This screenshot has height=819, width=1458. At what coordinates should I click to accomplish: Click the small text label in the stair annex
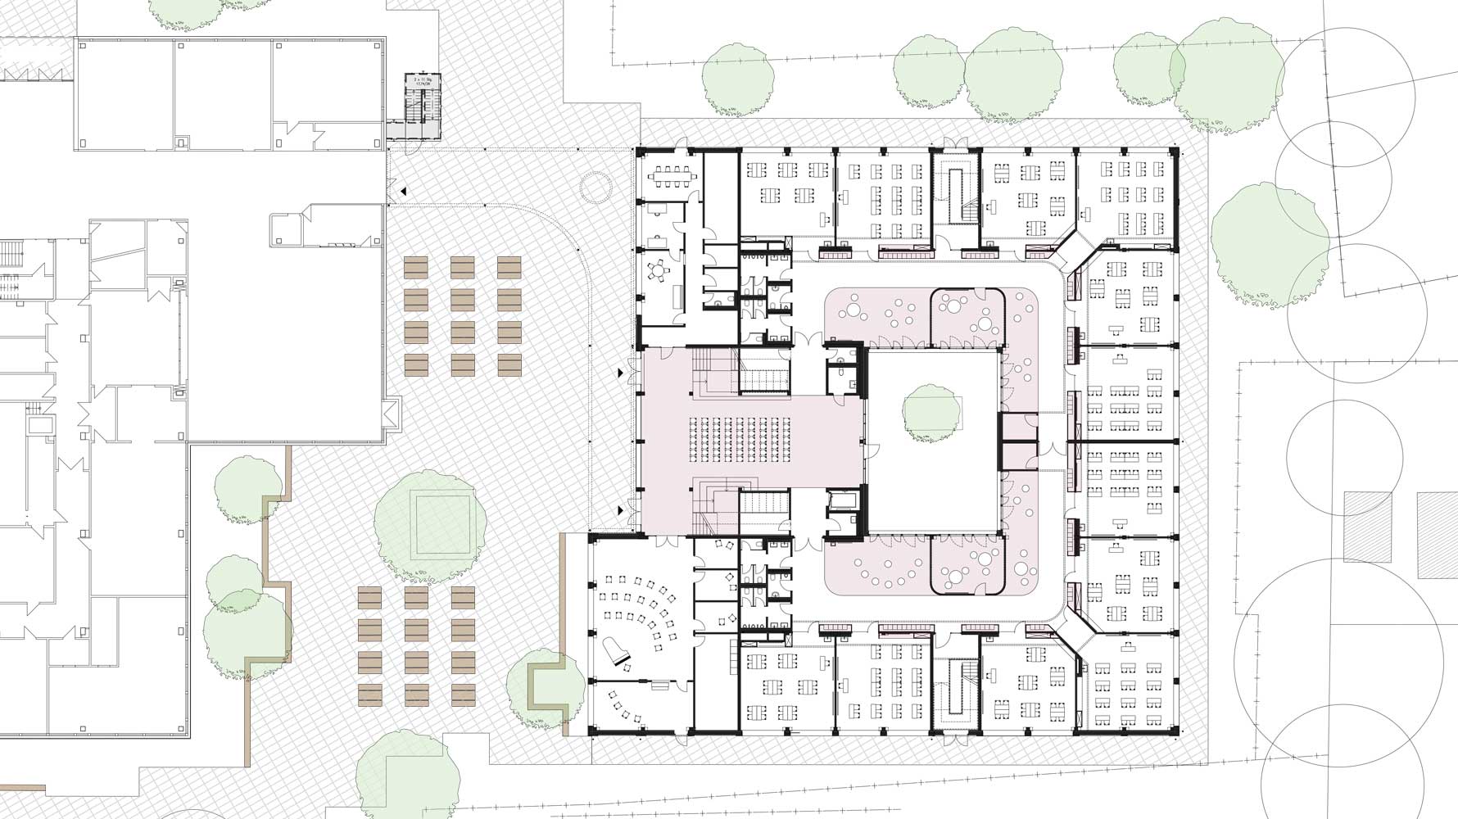(x=423, y=82)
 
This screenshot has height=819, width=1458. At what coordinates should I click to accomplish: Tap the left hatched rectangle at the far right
(x=1368, y=527)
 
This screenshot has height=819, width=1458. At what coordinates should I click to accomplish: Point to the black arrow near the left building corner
(x=402, y=191)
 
